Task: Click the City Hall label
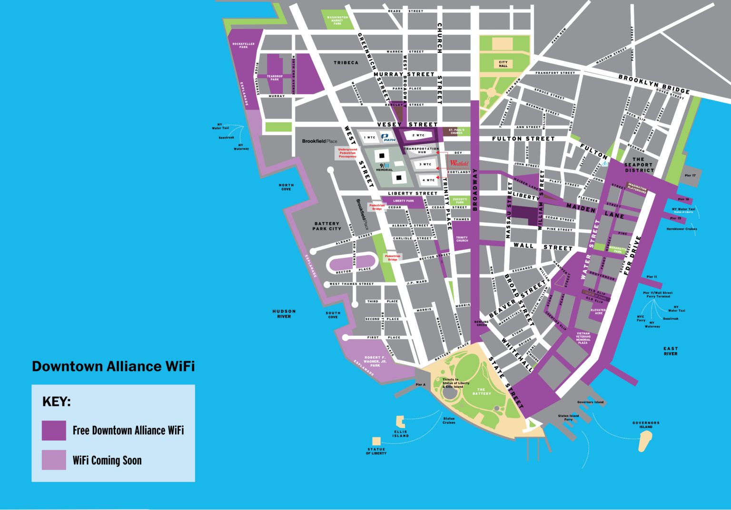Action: click(x=503, y=64)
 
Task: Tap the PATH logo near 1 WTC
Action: click(x=389, y=137)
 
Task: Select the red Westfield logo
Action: click(x=459, y=163)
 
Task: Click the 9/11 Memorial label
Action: click(x=385, y=167)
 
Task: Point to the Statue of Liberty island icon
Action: click(x=376, y=441)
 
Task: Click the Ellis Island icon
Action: click(x=400, y=421)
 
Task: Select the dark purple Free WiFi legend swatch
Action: click(x=54, y=430)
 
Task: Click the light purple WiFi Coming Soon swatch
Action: click(x=54, y=460)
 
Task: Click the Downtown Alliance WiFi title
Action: click(x=113, y=366)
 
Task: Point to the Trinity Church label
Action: click(x=462, y=239)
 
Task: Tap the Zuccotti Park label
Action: click(x=460, y=201)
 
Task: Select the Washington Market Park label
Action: click(x=337, y=20)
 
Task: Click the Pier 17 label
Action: click(x=690, y=176)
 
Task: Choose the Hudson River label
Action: click(x=284, y=314)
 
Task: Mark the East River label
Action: click(x=671, y=351)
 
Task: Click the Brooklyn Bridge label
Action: click(x=654, y=84)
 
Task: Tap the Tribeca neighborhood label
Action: click(x=346, y=63)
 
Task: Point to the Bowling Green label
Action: click(x=482, y=324)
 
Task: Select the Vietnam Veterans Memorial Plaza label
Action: click(x=583, y=338)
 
